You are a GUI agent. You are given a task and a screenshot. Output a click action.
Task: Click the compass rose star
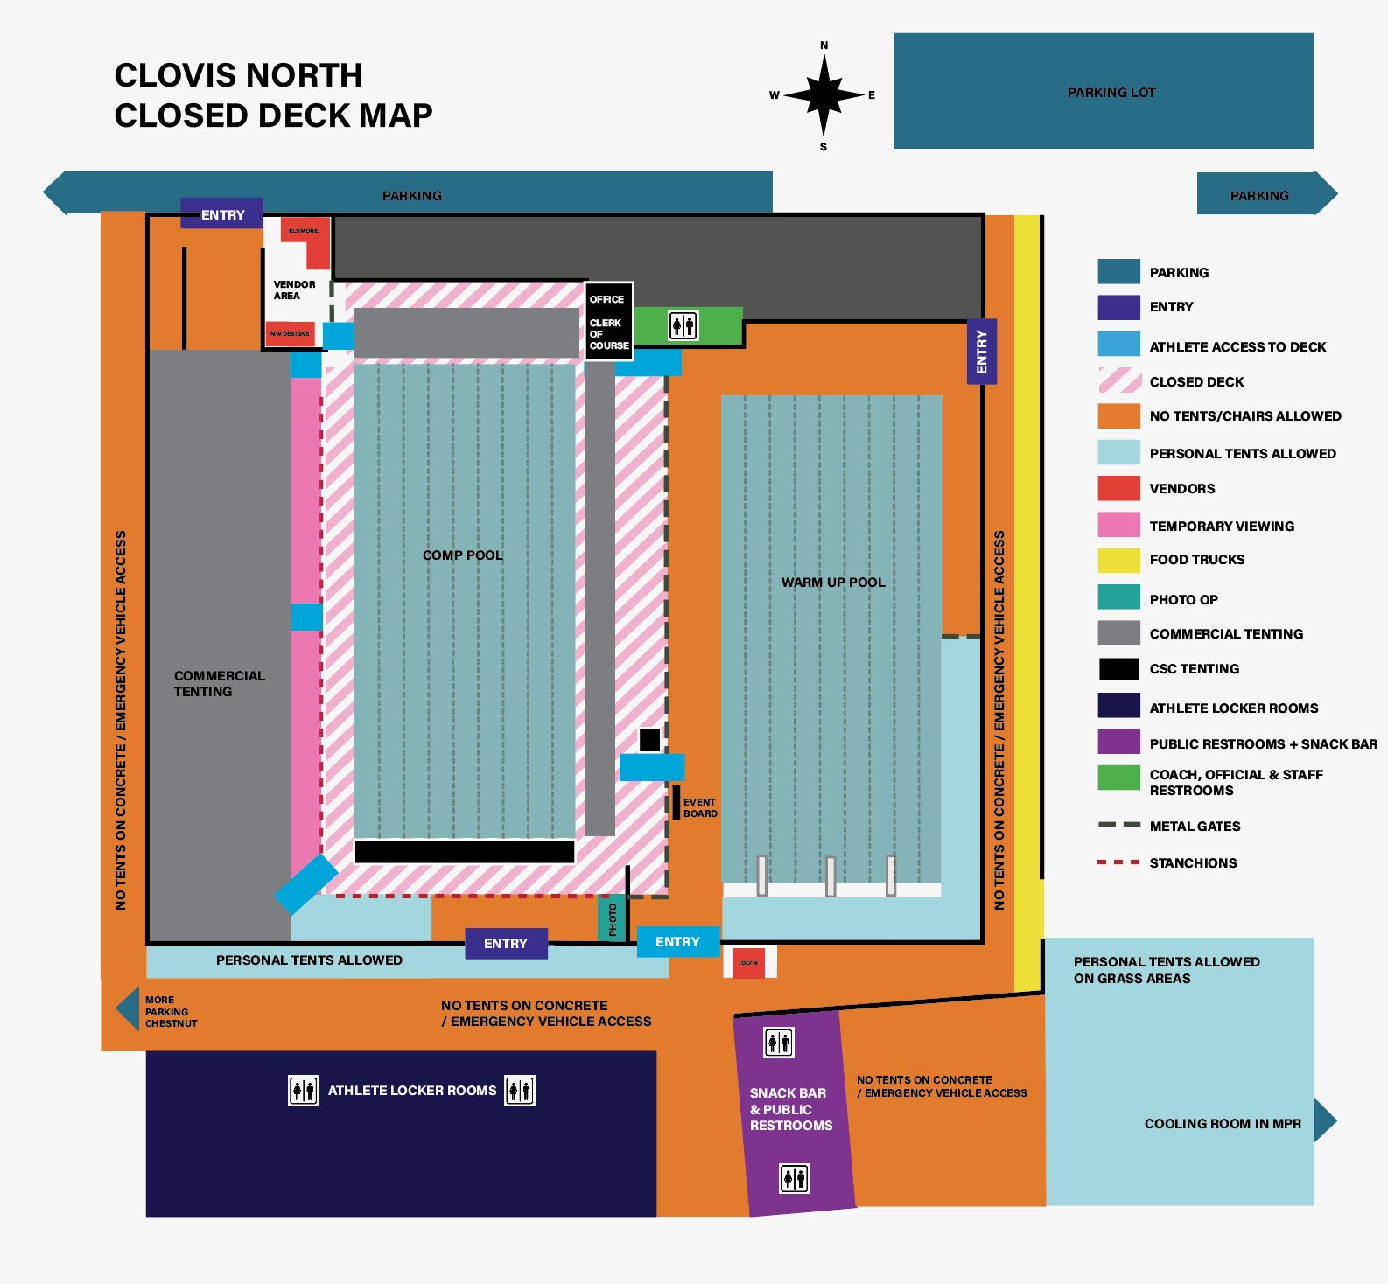pyautogui.click(x=823, y=94)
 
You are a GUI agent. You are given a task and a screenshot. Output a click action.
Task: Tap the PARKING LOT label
pyautogui.click(x=1111, y=93)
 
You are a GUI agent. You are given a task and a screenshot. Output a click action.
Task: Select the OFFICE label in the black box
pyautogui.click(x=606, y=299)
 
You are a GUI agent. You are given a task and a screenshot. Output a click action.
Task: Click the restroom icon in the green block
pyautogui.click(x=683, y=325)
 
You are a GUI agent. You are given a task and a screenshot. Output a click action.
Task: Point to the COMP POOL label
pyautogui.click(x=462, y=555)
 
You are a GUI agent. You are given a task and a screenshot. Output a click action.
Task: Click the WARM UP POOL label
pyautogui.click(x=833, y=583)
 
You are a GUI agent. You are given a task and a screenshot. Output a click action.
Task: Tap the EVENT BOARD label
pyautogui.click(x=699, y=807)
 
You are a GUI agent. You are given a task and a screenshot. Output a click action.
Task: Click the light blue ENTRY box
pyautogui.click(x=677, y=942)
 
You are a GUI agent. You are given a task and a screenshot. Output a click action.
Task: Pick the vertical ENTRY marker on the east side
pyautogui.click(x=981, y=352)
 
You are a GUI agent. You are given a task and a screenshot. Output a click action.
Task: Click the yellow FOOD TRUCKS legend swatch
pyautogui.click(x=1118, y=560)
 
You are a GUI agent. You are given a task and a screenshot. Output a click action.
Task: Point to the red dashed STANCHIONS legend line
pyautogui.click(x=1118, y=862)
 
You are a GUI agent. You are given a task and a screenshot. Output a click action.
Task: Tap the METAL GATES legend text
pyautogui.click(x=1195, y=827)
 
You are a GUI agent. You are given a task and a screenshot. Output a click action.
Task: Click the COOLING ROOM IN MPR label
pyautogui.click(x=1222, y=1124)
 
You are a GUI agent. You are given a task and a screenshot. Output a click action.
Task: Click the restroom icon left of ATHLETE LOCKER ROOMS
pyautogui.click(x=304, y=1091)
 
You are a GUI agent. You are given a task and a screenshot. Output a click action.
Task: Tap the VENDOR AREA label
pyautogui.click(x=294, y=290)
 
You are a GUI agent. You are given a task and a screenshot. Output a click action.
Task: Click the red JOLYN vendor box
pyautogui.click(x=748, y=962)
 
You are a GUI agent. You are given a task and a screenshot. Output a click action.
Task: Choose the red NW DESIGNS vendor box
pyautogui.click(x=290, y=333)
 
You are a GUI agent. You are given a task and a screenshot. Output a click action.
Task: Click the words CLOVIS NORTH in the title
pyautogui.click(x=238, y=75)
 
